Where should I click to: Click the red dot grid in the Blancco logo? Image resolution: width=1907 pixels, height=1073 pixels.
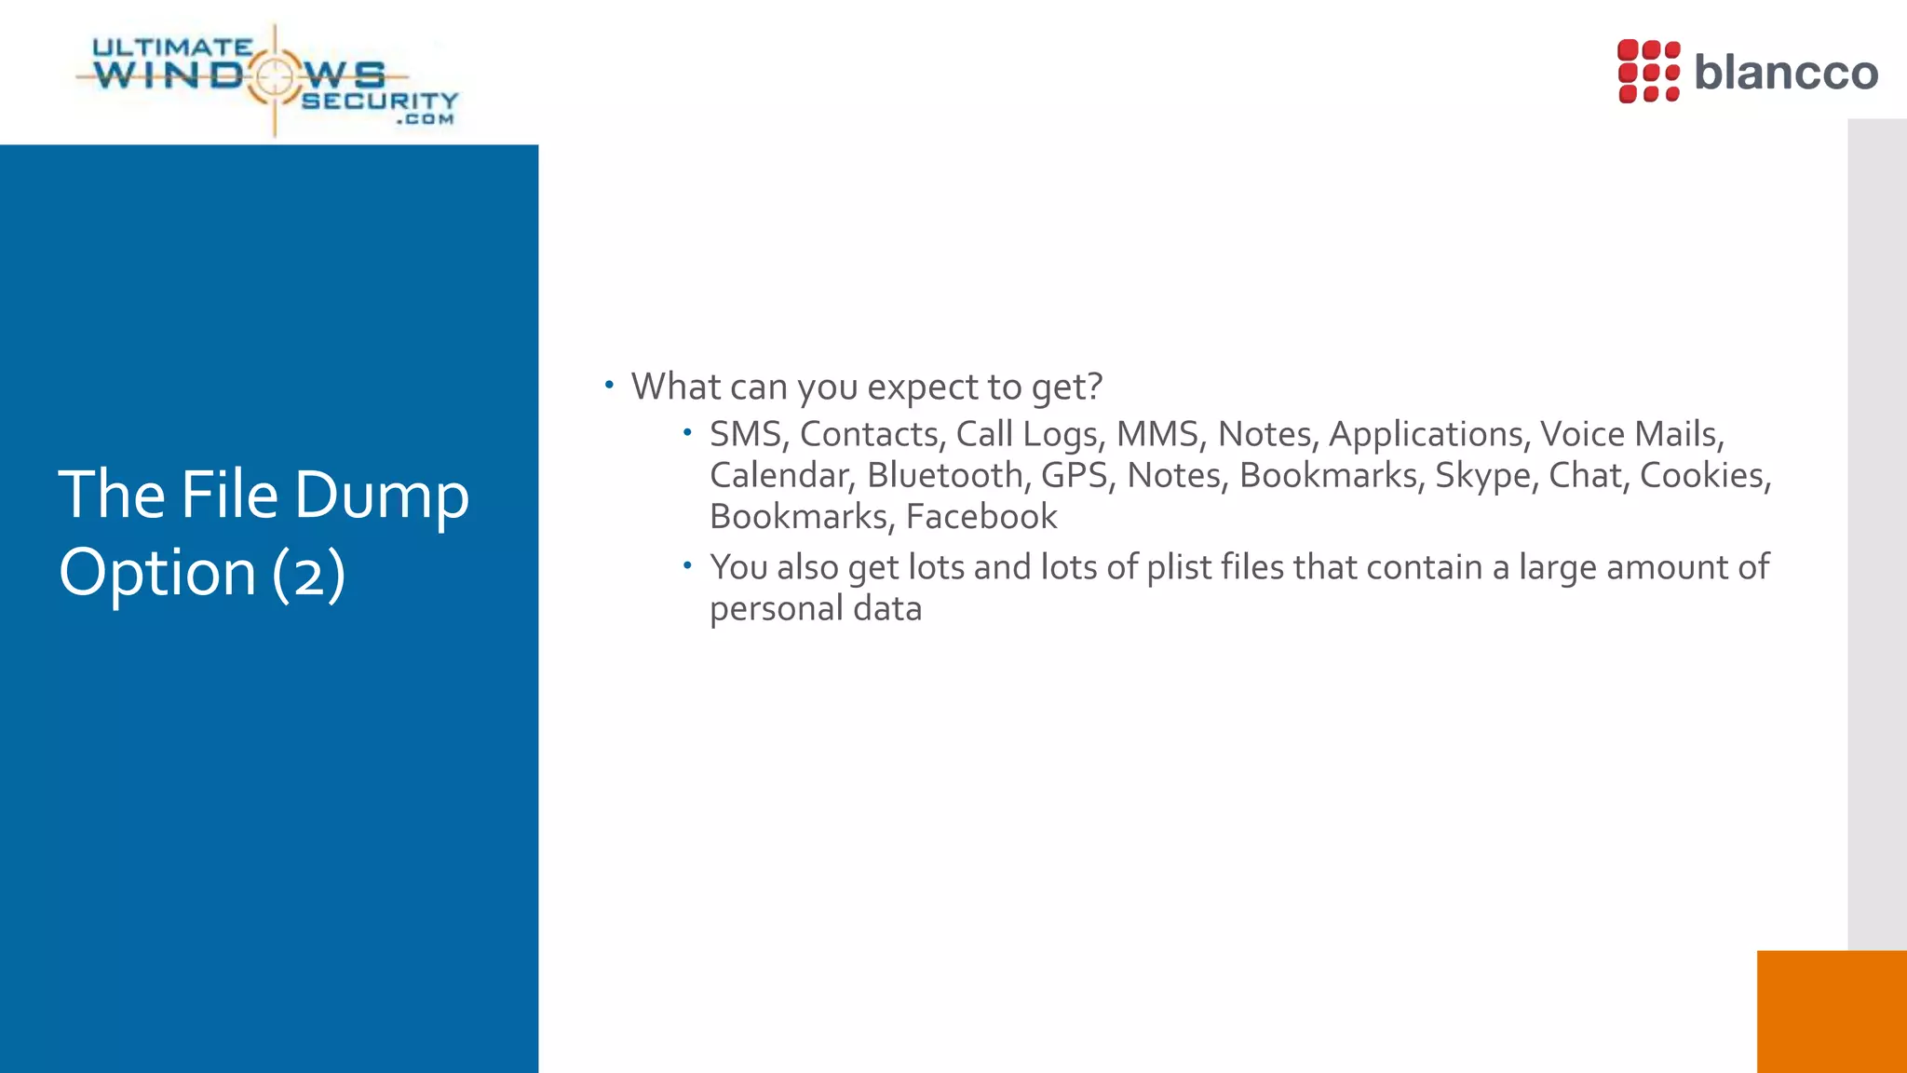click(x=1648, y=71)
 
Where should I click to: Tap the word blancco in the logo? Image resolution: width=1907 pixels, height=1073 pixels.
click(x=1785, y=73)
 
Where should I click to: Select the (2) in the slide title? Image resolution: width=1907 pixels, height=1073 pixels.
click(x=309, y=573)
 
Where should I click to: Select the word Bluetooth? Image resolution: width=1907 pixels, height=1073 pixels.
click(x=944, y=476)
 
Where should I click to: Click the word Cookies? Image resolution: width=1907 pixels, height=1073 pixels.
click(x=1702, y=476)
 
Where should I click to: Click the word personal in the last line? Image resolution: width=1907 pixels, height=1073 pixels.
click(x=776, y=609)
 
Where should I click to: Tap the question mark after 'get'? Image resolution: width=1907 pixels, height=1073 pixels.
click(x=1094, y=387)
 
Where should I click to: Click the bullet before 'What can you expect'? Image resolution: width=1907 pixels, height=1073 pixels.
click(x=609, y=384)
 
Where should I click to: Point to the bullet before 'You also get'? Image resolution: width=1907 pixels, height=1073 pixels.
click(x=687, y=565)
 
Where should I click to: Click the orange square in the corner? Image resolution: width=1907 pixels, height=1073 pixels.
click(x=1831, y=1012)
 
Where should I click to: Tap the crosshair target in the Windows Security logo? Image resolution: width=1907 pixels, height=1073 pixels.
click(x=275, y=76)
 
